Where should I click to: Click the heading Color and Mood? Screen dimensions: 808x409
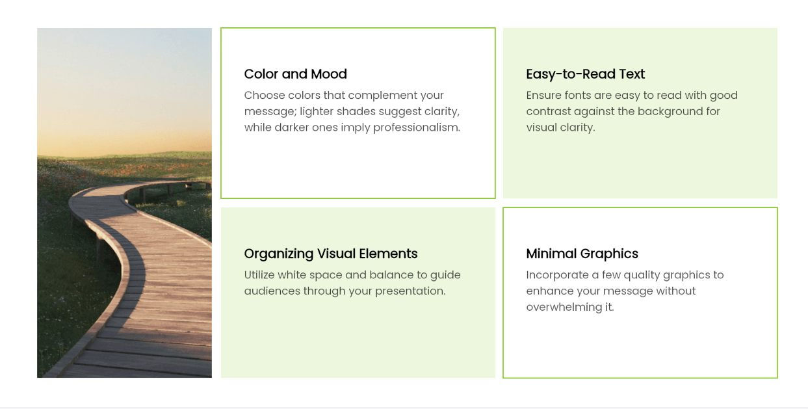(295, 74)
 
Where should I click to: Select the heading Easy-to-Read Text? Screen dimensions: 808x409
(585, 74)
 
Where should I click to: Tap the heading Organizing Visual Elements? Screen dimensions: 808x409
(331, 254)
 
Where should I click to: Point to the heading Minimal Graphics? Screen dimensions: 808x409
(582, 254)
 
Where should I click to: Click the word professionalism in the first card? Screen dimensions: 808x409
(417, 127)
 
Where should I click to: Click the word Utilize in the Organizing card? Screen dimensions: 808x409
(259, 275)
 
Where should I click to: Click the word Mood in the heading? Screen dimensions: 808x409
(329, 74)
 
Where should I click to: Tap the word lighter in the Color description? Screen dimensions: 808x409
(317, 112)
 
